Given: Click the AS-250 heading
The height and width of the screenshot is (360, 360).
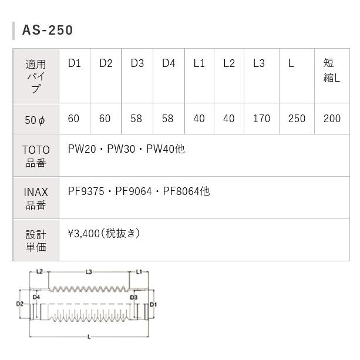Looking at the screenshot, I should pyautogui.click(x=48, y=30).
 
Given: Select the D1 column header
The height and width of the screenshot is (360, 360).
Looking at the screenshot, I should pyautogui.click(x=74, y=63).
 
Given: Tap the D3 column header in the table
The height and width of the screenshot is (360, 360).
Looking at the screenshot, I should pyautogui.click(x=137, y=63).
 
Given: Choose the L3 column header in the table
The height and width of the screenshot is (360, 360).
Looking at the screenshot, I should pyautogui.click(x=259, y=63).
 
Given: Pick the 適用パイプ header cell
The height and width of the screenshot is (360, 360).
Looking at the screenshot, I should pyautogui.click(x=36, y=76).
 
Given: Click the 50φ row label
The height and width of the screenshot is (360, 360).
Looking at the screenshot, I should pyautogui.click(x=35, y=119).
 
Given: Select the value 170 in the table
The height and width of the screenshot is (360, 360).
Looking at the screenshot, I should pyautogui.click(x=261, y=119).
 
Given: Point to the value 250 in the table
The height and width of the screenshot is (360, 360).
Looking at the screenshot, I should pyautogui.click(x=297, y=119).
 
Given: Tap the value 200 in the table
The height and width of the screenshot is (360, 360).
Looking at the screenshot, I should pyautogui.click(x=332, y=119).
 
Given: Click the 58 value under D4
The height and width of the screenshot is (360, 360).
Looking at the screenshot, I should pyautogui.click(x=167, y=119).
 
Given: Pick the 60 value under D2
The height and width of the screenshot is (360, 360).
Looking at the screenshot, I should pyautogui.click(x=105, y=119).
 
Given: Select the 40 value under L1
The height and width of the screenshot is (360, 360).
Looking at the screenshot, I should pyautogui.click(x=199, y=119).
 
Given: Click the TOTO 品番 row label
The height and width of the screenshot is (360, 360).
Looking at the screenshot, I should pyautogui.click(x=36, y=156).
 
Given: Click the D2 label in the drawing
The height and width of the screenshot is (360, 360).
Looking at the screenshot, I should pyautogui.click(x=19, y=304).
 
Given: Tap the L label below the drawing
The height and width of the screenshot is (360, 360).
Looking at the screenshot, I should pyautogui.click(x=89, y=337).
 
